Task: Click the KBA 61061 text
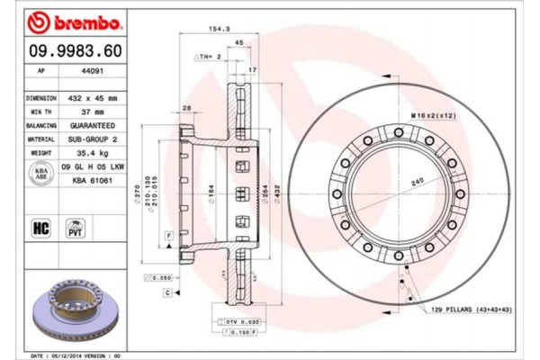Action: click(x=92, y=181)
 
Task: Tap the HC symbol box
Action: click(x=40, y=228)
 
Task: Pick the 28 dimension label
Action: click(x=186, y=108)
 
